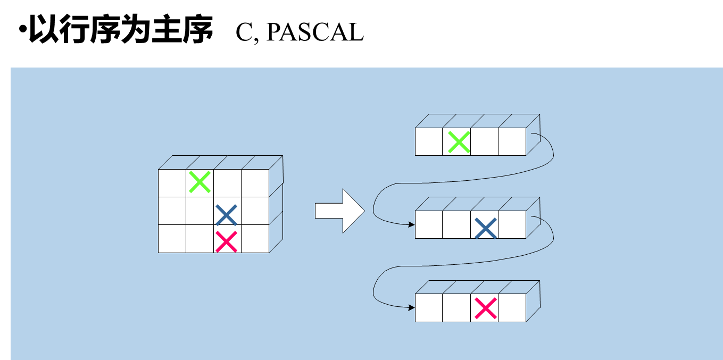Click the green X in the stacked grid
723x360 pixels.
pyautogui.click(x=200, y=182)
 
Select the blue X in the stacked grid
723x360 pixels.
pyautogui.click(x=227, y=214)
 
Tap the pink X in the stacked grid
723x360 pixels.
pyautogui.click(x=227, y=241)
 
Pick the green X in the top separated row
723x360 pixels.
pyautogui.click(x=458, y=142)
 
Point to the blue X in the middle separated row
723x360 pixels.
pyautogui.click(x=485, y=228)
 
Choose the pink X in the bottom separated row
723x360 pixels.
pyautogui.click(x=485, y=308)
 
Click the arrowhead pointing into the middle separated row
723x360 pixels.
pyautogui.click(x=411, y=224)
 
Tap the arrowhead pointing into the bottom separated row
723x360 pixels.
pyautogui.click(x=411, y=307)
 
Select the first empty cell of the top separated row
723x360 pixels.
pyautogui.click(x=429, y=142)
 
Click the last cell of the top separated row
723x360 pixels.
pyautogui.click(x=512, y=142)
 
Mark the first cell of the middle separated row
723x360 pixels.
pyautogui.click(x=429, y=225)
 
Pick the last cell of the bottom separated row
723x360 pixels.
pyautogui.click(x=512, y=308)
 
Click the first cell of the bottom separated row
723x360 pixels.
pyautogui.click(x=429, y=308)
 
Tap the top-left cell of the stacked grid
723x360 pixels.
pyautogui.click(x=172, y=183)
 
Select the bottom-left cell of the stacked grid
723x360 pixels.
pyautogui.click(x=172, y=239)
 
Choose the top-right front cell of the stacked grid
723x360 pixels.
pyautogui.click(x=255, y=183)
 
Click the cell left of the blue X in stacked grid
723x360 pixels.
pyautogui.click(x=200, y=211)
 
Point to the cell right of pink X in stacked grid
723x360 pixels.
pyautogui.click(x=255, y=239)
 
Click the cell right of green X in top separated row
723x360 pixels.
pyautogui.click(x=485, y=142)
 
